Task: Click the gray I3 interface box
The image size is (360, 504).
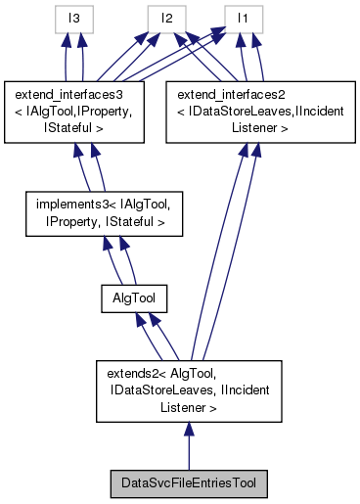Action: click(73, 17)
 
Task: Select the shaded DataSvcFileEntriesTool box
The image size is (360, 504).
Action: click(189, 483)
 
